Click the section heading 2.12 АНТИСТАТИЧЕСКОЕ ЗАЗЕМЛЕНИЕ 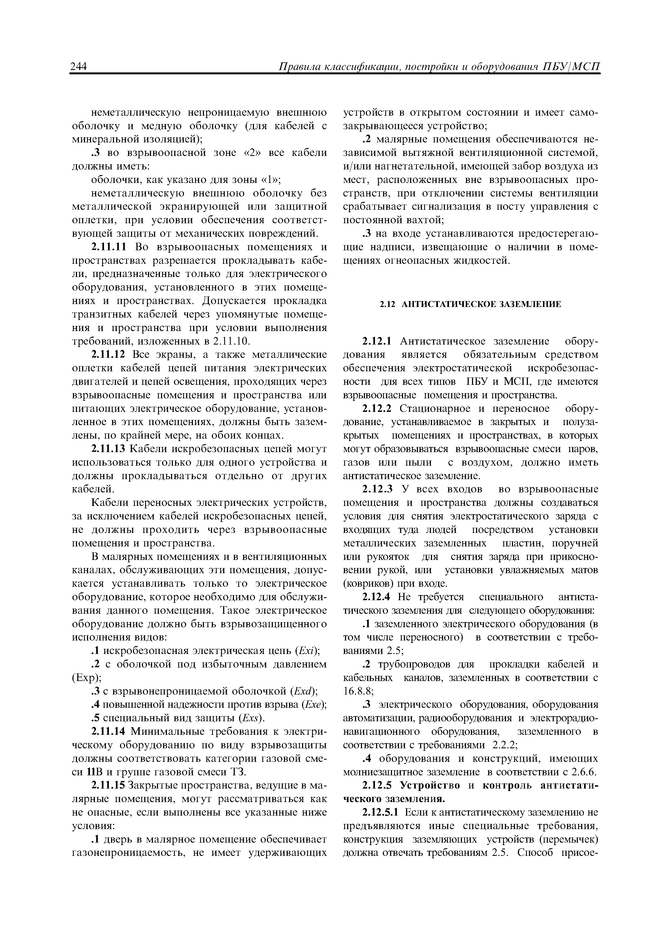click(x=470, y=305)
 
